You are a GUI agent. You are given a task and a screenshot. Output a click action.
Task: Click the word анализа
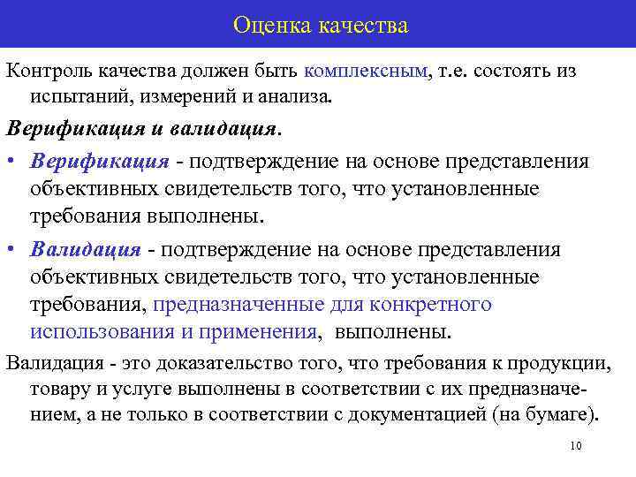tap(301, 95)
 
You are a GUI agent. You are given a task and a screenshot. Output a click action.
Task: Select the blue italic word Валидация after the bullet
tap(85, 248)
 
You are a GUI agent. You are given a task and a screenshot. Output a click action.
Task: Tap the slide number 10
tap(576, 446)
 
